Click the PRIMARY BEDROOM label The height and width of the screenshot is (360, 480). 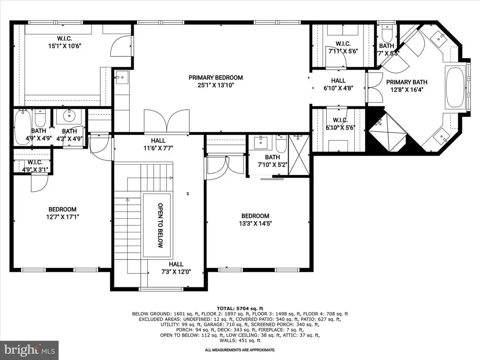click(x=216, y=78)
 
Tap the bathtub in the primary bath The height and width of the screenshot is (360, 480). click(x=455, y=87)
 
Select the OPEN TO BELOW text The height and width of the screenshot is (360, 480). click(x=160, y=225)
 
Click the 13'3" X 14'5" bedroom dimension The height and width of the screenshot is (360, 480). click(x=255, y=223)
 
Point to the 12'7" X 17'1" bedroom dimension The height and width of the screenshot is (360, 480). click(x=63, y=217)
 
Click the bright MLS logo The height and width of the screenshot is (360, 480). click(x=29, y=350)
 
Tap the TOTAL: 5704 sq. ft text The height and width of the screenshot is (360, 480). click(x=240, y=308)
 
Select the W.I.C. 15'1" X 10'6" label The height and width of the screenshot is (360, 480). click(x=64, y=42)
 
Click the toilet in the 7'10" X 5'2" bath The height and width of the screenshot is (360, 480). click(x=281, y=143)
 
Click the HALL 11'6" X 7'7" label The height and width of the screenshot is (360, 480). click(x=158, y=144)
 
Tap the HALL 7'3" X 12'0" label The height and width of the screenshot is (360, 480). click(x=176, y=268)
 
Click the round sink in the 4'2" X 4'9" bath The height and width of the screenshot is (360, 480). click(x=69, y=115)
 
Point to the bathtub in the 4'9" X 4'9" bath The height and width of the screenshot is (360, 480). click(x=22, y=127)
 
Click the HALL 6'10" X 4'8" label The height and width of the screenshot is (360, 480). click(x=338, y=84)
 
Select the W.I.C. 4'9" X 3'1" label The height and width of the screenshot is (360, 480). click(x=35, y=166)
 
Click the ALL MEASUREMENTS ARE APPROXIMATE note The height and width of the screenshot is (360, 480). click(x=240, y=350)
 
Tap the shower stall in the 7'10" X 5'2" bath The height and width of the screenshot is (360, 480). click(x=299, y=155)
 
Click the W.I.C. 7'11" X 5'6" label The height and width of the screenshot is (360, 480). click(x=343, y=47)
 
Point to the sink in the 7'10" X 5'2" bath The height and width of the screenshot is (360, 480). click(x=261, y=142)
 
